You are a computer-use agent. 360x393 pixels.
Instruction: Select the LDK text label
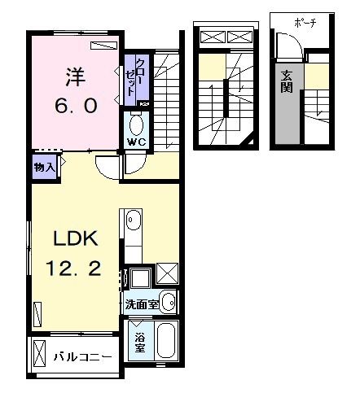click(x=76, y=238)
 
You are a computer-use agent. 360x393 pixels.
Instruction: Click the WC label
click(x=135, y=142)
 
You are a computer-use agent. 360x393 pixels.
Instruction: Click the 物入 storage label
click(x=44, y=167)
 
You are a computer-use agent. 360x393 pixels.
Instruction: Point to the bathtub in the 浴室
click(x=167, y=342)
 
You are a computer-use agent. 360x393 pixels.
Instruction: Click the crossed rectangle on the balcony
click(x=41, y=356)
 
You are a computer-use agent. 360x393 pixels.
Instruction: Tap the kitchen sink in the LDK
click(x=134, y=222)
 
